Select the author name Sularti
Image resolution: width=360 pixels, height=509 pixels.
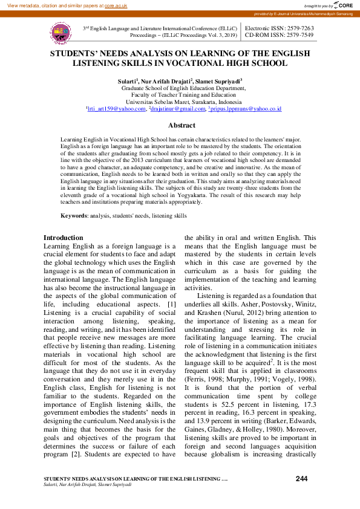[127, 80]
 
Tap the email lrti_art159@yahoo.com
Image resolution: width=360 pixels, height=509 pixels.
[116, 109]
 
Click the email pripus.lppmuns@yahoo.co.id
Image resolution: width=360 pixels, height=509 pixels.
[246, 109]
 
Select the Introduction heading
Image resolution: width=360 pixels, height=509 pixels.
[64, 238]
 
